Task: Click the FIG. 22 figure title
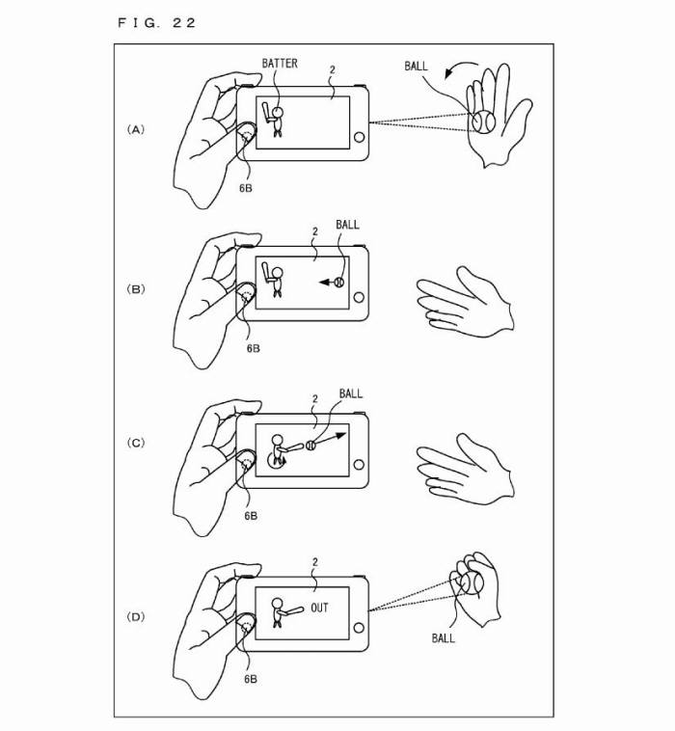(156, 23)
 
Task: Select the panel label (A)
(136, 129)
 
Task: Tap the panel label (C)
(136, 443)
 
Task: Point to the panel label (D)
(136, 617)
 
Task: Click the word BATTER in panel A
(280, 64)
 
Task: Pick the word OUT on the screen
(319, 608)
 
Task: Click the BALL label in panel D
(443, 637)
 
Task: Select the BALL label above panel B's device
(347, 225)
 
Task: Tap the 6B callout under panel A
(246, 188)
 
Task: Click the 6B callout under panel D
(251, 679)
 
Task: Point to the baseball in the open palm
(483, 122)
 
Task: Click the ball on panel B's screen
(339, 282)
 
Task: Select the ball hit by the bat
(310, 446)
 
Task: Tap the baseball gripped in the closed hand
(472, 583)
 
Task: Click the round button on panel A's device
(359, 138)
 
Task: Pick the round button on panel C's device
(359, 464)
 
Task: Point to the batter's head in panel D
(278, 604)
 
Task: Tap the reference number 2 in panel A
(332, 70)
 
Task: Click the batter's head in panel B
(278, 272)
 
